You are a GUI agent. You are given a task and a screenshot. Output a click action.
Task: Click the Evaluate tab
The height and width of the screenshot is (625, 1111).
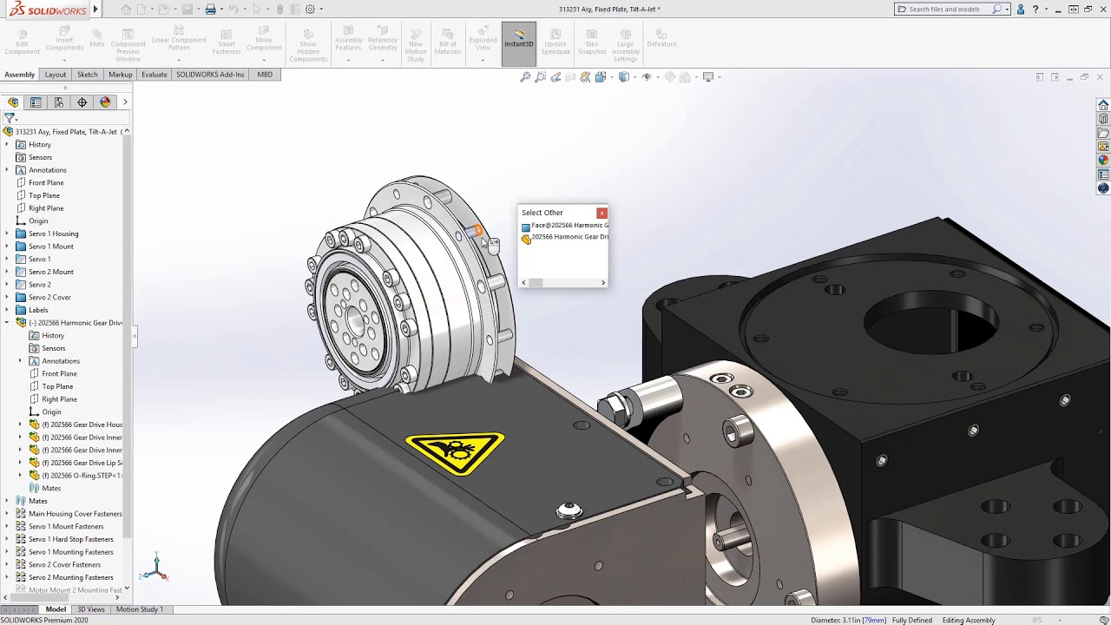pos(154,75)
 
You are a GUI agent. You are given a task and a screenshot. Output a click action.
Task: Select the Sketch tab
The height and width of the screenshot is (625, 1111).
pos(88,75)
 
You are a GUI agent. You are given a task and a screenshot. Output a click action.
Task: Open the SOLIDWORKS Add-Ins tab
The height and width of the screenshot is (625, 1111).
pos(210,75)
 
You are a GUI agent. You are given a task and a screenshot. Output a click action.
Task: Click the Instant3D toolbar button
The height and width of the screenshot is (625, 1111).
pos(519,39)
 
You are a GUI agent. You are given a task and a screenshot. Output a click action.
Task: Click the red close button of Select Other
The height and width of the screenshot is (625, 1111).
pos(602,213)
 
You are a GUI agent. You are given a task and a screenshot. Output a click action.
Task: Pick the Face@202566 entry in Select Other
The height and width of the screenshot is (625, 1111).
pos(568,226)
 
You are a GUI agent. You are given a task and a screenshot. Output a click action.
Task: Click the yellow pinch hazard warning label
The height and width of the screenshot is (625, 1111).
pos(454,451)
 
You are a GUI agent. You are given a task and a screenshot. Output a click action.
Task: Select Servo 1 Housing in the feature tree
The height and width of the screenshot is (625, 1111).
pos(53,234)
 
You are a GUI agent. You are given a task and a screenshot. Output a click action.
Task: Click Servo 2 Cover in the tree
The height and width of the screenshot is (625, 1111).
pos(49,297)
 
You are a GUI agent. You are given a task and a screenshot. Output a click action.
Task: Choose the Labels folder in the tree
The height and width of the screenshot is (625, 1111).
pos(38,310)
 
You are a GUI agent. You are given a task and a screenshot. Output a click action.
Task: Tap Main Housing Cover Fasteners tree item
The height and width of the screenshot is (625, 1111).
pos(75,514)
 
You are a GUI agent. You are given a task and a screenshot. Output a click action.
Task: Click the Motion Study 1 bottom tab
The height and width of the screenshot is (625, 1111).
pos(139,609)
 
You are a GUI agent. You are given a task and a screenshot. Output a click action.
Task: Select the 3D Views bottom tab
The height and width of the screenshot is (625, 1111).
pos(90,609)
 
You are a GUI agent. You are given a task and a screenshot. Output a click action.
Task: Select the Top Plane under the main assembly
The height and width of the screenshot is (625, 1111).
pos(44,195)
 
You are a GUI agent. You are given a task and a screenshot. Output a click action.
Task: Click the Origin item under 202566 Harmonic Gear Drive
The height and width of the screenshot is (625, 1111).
pos(51,411)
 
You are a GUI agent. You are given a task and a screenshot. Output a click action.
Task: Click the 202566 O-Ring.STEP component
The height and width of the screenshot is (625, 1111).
pos(85,476)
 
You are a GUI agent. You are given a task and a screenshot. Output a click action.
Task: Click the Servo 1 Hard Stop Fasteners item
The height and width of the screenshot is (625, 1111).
pos(70,539)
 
